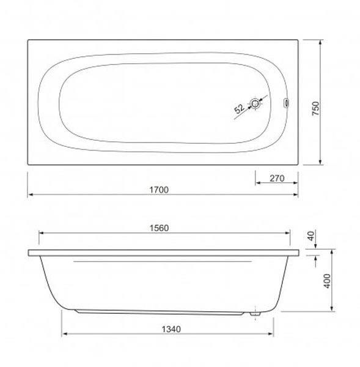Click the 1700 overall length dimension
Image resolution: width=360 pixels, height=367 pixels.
click(159, 190)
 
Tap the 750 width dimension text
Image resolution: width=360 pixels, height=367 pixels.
click(316, 108)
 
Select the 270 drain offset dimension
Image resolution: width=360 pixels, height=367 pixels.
click(277, 179)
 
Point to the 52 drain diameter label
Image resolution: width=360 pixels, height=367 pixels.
click(239, 108)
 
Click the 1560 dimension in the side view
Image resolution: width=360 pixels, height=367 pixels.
click(159, 228)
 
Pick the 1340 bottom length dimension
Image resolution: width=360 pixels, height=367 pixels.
click(172, 329)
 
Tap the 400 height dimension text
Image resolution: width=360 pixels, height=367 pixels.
click(328, 281)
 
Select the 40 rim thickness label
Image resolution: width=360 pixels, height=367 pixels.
click(311, 235)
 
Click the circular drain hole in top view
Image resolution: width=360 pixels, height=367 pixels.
click(255, 103)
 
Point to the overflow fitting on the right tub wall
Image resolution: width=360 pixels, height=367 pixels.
click(286, 103)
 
